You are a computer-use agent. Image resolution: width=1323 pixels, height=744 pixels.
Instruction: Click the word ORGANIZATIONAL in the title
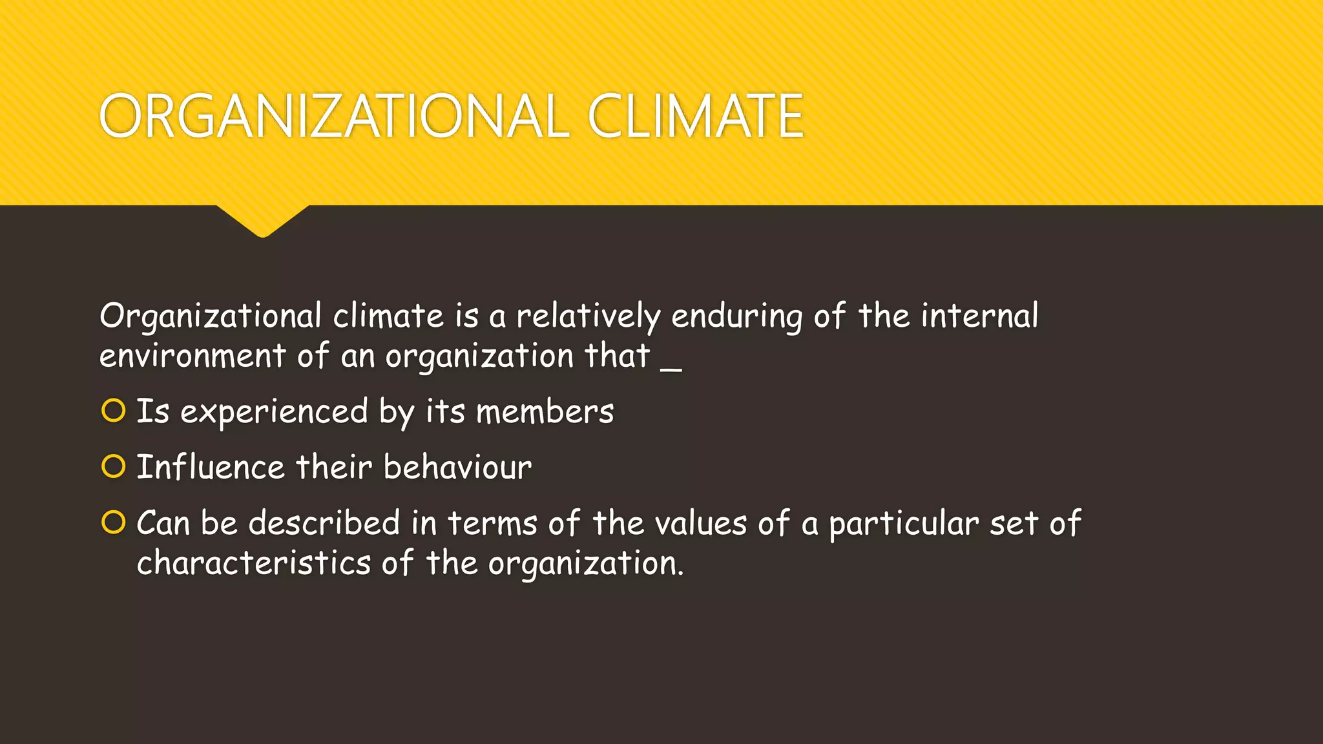(333, 116)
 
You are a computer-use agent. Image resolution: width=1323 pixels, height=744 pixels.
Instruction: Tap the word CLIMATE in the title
(696, 116)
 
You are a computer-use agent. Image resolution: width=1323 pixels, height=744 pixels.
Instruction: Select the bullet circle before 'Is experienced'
(113, 411)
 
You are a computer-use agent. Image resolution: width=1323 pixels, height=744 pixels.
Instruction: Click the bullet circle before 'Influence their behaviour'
(113, 466)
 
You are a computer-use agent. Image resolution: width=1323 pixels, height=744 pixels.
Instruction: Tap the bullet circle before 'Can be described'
(113, 522)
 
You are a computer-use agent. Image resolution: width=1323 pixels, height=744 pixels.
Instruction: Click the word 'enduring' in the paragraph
(737, 317)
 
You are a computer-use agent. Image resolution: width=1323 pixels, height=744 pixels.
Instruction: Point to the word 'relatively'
(588, 317)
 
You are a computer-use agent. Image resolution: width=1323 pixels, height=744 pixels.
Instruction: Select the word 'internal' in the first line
(979, 316)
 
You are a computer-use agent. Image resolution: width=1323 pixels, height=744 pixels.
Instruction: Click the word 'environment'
(193, 356)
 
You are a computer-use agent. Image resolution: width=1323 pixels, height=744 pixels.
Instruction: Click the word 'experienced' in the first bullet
(274, 412)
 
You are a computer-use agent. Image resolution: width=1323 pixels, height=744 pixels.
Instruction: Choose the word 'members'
(545, 412)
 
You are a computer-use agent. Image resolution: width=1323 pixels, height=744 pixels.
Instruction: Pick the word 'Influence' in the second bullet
(211, 467)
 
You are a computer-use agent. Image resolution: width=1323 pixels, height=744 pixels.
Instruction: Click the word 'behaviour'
(457, 467)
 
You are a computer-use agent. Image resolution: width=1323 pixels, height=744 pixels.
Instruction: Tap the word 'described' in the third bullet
(324, 522)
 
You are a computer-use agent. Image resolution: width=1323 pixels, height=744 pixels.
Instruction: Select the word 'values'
(701, 522)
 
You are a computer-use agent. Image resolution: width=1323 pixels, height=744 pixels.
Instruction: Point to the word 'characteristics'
(254, 563)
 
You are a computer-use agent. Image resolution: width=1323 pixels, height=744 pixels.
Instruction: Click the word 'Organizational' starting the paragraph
(211, 317)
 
